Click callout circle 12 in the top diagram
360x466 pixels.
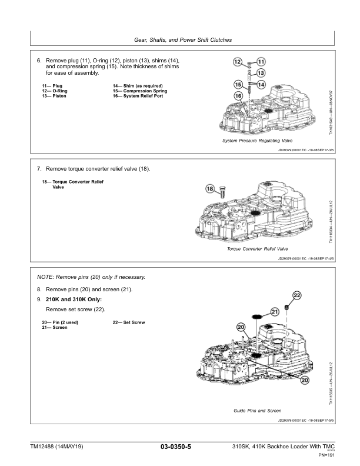(236, 61)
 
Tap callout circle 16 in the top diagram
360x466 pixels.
(239, 95)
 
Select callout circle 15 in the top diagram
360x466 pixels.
(239, 84)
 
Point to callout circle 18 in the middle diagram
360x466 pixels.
(211, 189)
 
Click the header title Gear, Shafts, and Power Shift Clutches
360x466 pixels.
(180, 40)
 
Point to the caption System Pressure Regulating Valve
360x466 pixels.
(257, 141)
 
